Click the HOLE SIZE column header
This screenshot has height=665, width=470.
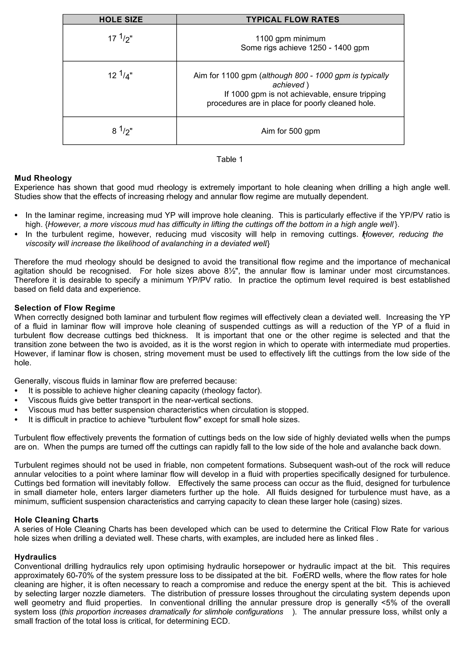121,20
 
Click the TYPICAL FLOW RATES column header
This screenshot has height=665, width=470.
292,20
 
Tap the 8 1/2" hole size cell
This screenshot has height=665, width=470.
122,131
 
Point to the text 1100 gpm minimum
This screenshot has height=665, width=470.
290,39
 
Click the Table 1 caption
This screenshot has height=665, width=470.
230,159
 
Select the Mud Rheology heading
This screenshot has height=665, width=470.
43,178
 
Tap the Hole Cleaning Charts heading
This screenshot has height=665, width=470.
56,520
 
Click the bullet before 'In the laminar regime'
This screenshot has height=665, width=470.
16,215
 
